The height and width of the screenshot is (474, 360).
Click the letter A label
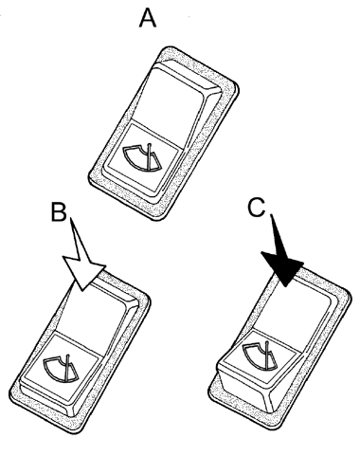(148, 18)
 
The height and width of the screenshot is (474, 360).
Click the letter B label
(59, 212)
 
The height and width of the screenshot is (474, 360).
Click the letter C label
(256, 208)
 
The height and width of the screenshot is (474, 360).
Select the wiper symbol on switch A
(142, 157)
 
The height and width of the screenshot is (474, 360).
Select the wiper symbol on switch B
(61, 369)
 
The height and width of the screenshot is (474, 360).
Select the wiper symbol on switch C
(260, 355)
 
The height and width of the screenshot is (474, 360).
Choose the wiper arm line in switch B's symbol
(67, 367)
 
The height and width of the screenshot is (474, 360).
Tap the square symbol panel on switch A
(143, 157)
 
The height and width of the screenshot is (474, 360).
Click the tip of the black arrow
(285, 287)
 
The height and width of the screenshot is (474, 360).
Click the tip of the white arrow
(82, 290)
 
